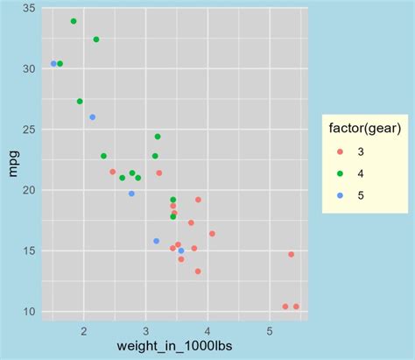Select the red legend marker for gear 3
pyautogui.click(x=340, y=152)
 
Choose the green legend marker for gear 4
pyautogui.click(x=340, y=173)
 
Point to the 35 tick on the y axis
pyautogui.click(x=29, y=8)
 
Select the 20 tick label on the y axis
pyautogui.click(x=29, y=190)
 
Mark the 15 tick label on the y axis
pyautogui.click(x=29, y=251)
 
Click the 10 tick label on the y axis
pyautogui.click(x=29, y=312)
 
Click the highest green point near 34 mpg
pyautogui.click(x=74, y=21)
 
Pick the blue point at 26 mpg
pyautogui.click(x=93, y=117)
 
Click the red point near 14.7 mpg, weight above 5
pyautogui.click(x=292, y=254)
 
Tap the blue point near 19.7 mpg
pyautogui.click(x=132, y=194)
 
